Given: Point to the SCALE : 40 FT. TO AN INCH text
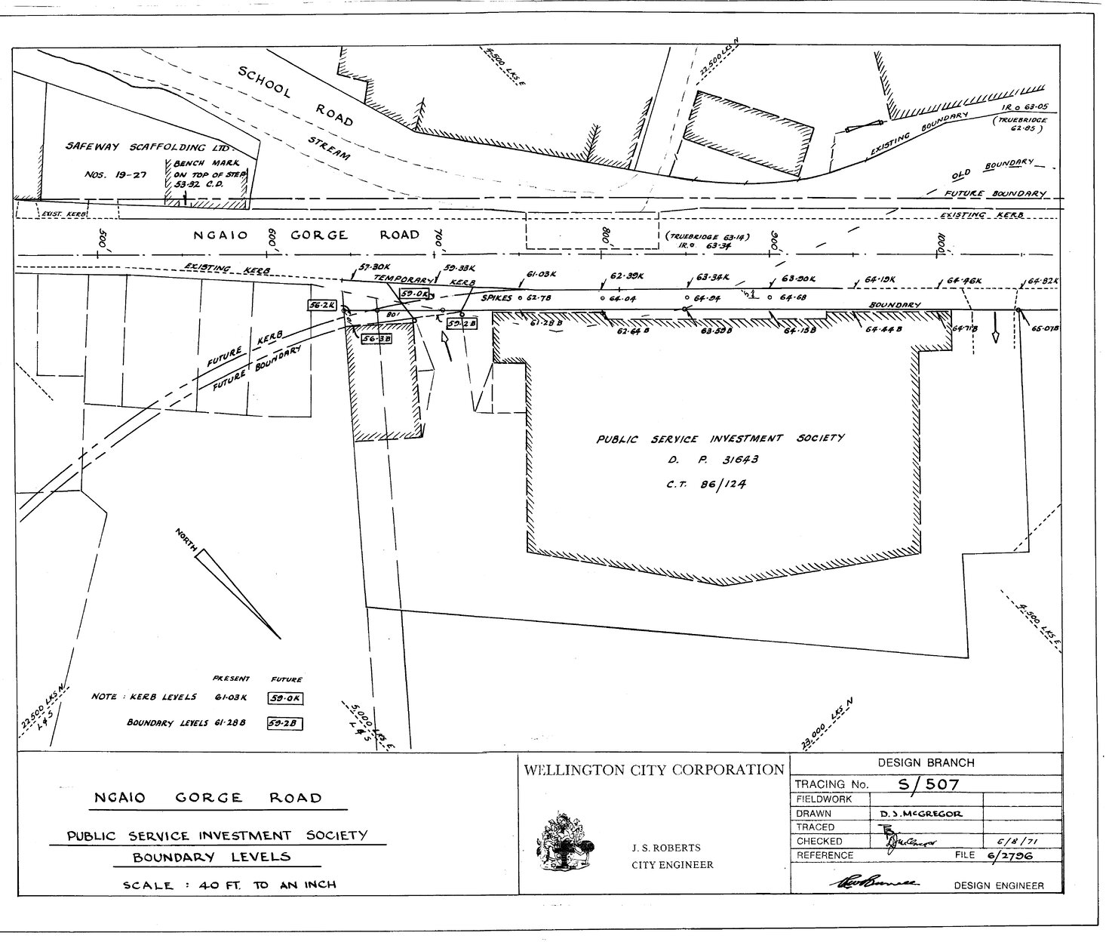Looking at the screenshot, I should pos(229,885).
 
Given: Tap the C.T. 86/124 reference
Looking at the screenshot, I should pos(705,485).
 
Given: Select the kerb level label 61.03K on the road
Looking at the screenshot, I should pos(541,274).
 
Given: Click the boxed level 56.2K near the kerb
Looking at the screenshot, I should pos(321,304).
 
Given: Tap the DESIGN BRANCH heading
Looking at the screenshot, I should pos(926,763).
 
